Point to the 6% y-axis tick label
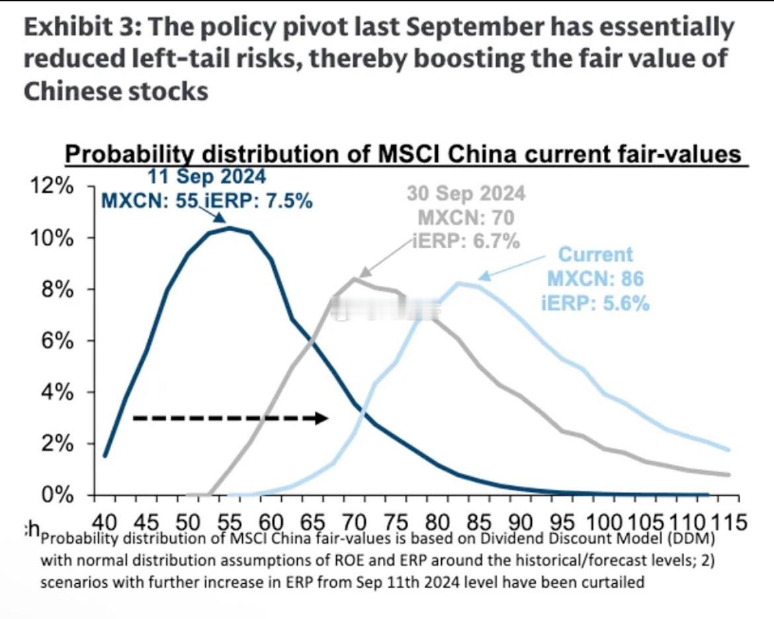(x=54, y=341)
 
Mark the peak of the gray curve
(x=355, y=279)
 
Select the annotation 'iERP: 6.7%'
(x=466, y=241)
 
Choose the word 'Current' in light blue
(x=595, y=254)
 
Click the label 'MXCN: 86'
(x=595, y=279)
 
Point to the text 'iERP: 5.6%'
(x=595, y=303)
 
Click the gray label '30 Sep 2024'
(x=466, y=193)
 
